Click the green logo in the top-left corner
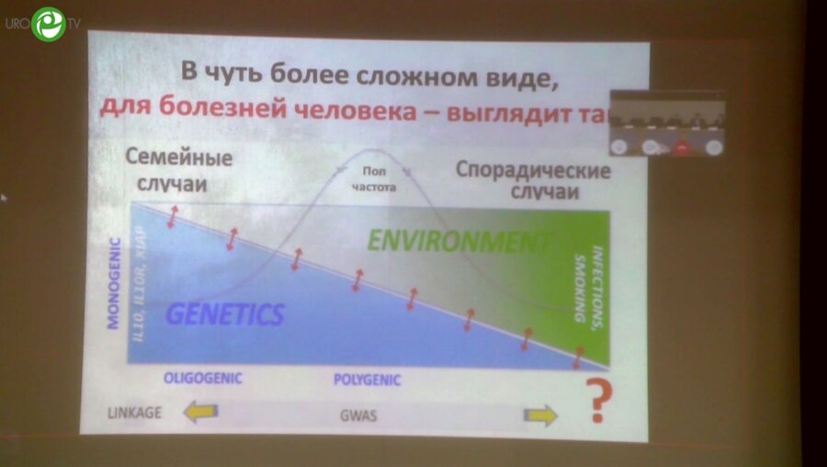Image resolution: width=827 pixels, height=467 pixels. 48,24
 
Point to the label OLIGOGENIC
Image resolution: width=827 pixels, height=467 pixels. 201,378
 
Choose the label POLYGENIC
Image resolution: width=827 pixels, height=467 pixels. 366,378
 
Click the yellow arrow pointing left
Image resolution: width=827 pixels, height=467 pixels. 201,414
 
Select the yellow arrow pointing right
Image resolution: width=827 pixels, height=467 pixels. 540,416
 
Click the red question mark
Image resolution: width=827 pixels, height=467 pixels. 599,403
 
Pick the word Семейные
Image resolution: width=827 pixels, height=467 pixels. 179,158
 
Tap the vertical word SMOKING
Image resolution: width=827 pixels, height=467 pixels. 580,298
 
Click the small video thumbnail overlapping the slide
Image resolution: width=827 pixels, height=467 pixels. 668,122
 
